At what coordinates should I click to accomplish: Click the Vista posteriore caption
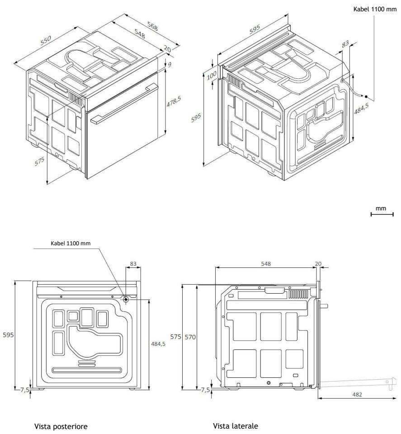tap(61, 426)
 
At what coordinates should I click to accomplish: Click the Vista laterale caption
tap(236, 426)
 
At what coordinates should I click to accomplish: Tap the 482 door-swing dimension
tap(357, 394)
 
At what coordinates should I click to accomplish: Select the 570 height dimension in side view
tap(190, 337)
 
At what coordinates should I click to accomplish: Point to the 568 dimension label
tap(152, 26)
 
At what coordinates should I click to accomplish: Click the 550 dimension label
tap(46, 40)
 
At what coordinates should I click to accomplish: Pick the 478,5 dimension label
tap(174, 101)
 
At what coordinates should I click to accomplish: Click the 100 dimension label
tap(212, 75)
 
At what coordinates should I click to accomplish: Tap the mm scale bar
tap(382, 214)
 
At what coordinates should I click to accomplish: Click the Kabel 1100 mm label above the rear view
tap(71, 243)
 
